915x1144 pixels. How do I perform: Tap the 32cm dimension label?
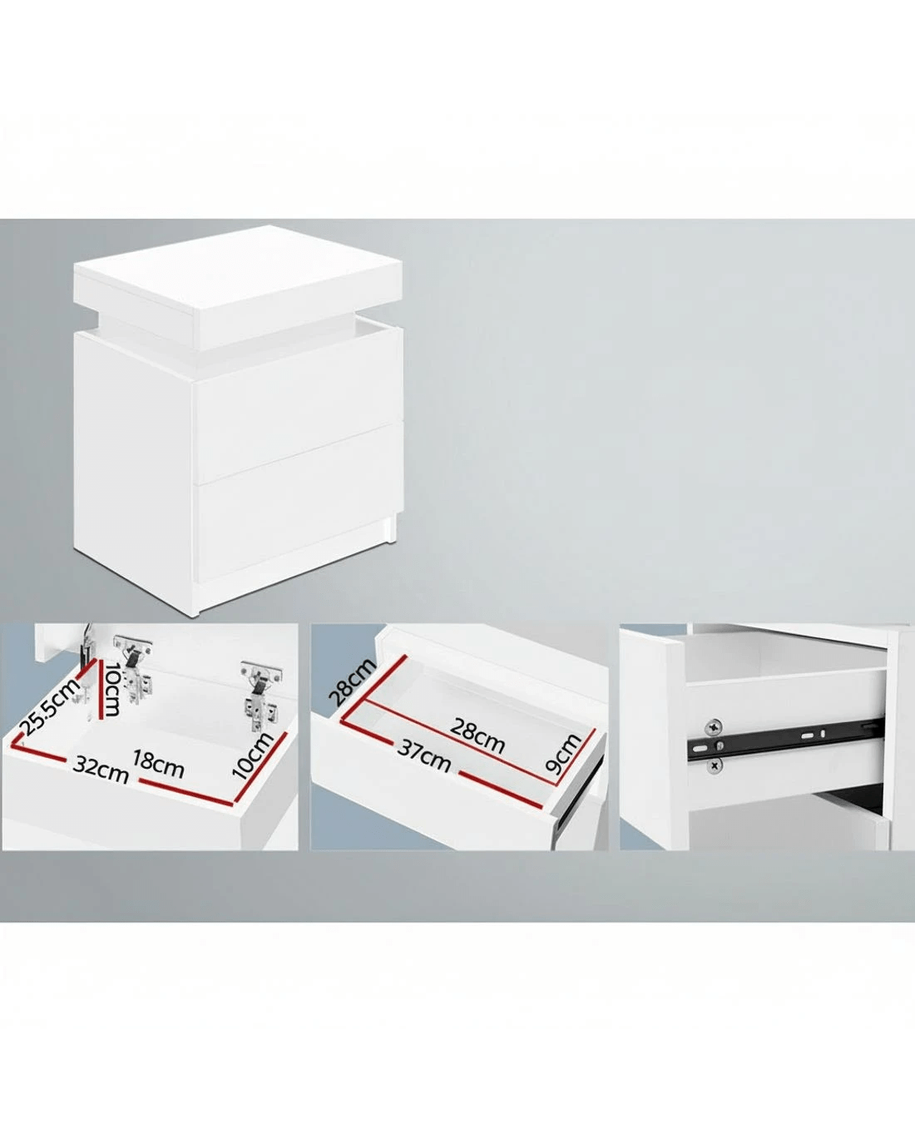point(101,769)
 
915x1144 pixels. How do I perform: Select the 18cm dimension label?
point(158,764)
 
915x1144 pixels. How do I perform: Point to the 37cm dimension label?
point(423,756)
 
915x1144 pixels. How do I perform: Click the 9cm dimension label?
point(563,751)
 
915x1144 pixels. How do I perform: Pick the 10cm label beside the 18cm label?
point(253,755)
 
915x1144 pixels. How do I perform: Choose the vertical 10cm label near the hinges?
point(112,689)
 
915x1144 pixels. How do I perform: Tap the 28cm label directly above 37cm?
point(477,735)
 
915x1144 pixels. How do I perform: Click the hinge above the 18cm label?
point(260,691)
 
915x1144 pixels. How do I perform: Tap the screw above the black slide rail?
point(713,726)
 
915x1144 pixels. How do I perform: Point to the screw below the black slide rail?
point(714,765)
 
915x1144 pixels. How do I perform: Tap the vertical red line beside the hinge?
point(99,688)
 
